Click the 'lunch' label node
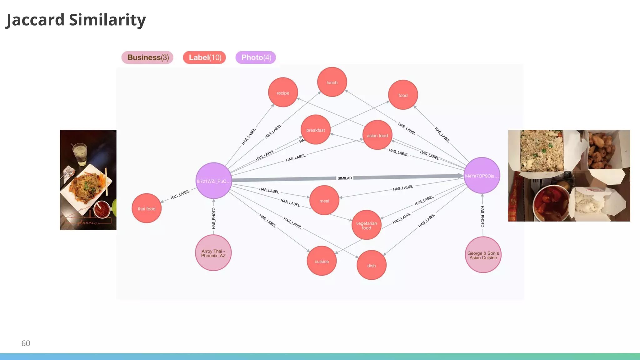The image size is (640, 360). (x=332, y=82)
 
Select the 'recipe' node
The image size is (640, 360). (x=283, y=92)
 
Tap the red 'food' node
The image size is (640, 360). (x=403, y=95)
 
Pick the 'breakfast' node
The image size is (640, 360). (x=315, y=130)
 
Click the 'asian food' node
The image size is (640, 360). (x=377, y=135)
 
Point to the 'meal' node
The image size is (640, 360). (x=324, y=201)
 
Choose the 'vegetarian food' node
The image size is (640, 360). (x=366, y=225)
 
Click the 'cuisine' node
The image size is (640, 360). (x=322, y=261)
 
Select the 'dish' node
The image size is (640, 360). (x=371, y=265)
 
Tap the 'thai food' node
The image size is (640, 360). (x=146, y=208)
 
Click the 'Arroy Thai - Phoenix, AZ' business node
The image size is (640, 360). (x=213, y=253)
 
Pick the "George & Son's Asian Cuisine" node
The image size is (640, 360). (x=483, y=255)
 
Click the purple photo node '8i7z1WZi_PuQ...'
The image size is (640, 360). (x=213, y=181)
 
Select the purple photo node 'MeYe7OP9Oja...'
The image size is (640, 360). (x=482, y=176)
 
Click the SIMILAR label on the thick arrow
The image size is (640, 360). (x=344, y=178)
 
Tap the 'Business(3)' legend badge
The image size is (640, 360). (x=147, y=57)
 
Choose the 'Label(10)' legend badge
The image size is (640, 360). (x=204, y=57)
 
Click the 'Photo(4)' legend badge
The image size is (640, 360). (x=256, y=57)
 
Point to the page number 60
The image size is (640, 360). (x=26, y=343)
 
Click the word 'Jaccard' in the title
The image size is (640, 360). (x=35, y=20)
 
